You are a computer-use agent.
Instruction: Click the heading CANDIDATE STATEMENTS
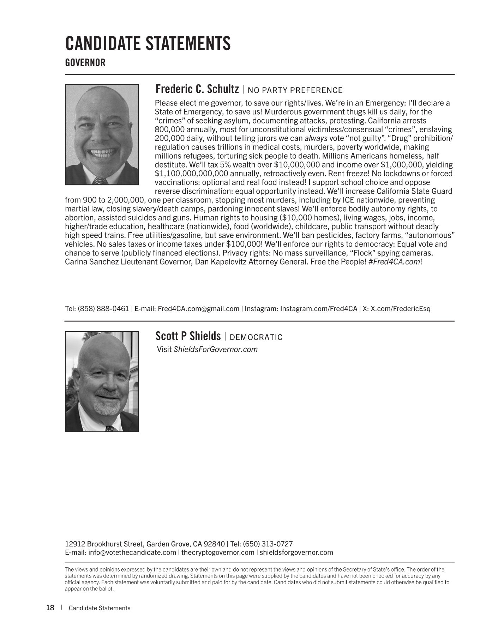click(x=148, y=43)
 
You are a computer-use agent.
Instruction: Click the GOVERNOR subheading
click(x=85, y=63)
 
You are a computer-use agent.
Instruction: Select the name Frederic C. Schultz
click(x=197, y=89)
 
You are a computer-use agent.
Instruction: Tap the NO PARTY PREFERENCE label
click(x=295, y=90)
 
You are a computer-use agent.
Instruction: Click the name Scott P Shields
click(x=188, y=336)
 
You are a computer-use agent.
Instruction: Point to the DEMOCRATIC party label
click(x=256, y=337)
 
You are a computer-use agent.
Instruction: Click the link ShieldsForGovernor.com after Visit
click(x=216, y=350)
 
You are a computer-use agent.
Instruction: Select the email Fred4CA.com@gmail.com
click(x=198, y=309)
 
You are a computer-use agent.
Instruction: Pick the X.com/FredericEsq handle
click(x=400, y=309)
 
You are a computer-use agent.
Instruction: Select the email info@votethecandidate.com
click(x=132, y=552)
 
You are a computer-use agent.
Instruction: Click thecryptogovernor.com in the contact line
click(x=218, y=552)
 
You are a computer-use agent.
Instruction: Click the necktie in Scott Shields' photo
click(x=109, y=428)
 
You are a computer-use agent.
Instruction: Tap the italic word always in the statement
click(x=316, y=138)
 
